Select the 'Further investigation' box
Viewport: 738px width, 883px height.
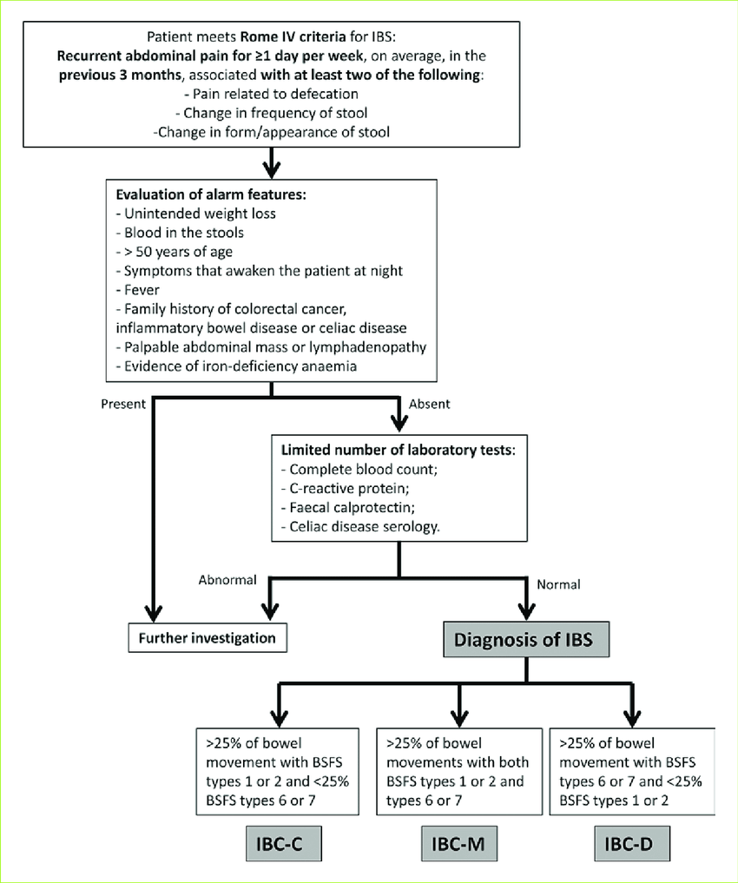pos(208,638)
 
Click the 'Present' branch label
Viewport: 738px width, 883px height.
pos(122,405)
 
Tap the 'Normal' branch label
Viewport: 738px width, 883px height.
pos(559,583)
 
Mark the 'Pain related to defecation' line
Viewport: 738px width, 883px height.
pos(272,94)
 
